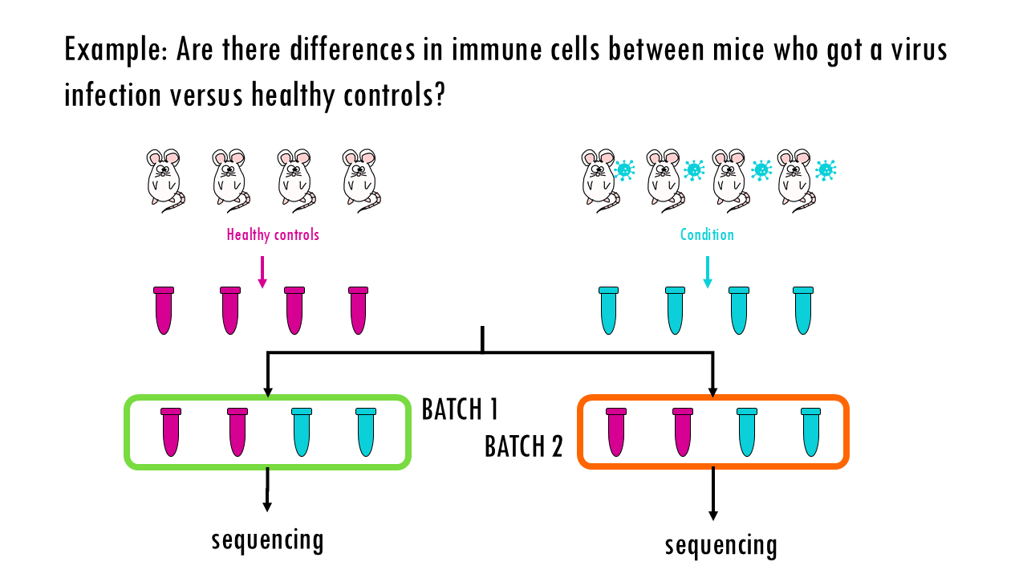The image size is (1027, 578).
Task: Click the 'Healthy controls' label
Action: click(x=273, y=234)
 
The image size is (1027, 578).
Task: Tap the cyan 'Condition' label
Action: click(x=707, y=234)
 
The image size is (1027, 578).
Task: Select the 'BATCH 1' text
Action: click(x=460, y=409)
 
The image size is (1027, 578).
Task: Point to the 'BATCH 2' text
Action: click(x=524, y=446)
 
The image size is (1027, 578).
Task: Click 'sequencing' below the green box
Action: click(x=267, y=540)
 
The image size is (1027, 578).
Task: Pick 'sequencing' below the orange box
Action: click(x=721, y=545)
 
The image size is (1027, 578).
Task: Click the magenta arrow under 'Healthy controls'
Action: click(x=262, y=272)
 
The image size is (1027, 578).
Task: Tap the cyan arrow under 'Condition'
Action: click(x=708, y=272)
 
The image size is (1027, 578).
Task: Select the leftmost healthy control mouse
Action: click(x=165, y=181)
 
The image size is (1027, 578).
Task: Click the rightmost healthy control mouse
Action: click(x=361, y=181)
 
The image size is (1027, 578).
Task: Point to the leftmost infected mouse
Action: click(x=600, y=181)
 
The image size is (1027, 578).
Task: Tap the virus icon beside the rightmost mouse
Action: click(x=826, y=170)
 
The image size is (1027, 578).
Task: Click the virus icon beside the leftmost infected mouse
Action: click(x=624, y=170)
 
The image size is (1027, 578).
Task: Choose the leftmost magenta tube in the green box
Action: click(x=171, y=432)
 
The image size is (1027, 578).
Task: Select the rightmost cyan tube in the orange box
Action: click(x=810, y=432)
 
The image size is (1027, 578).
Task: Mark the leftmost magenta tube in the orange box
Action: click(x=615, y=432)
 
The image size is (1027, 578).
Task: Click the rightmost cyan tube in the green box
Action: click(x=365, y=432)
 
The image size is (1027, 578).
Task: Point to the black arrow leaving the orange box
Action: click(x=712, y=494)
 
